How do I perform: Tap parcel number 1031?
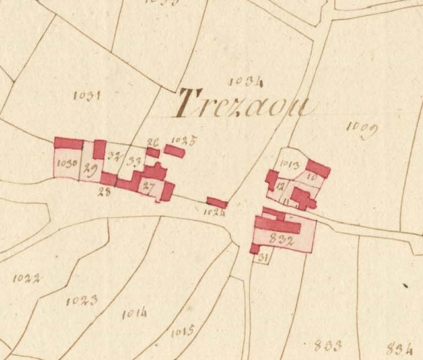coord(87,96)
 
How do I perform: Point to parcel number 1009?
coord(363,129)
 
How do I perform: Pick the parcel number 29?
coord(90,168)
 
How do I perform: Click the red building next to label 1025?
coord(175,151)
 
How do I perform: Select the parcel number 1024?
coord(215,212)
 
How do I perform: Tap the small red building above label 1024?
coord(217,202)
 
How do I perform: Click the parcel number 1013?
coord(290,166)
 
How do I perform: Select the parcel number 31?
coord(263,259)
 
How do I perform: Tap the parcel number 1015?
coord(182,330)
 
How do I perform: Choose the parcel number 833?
coord(328,345)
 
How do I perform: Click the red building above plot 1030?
coord(68,143)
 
